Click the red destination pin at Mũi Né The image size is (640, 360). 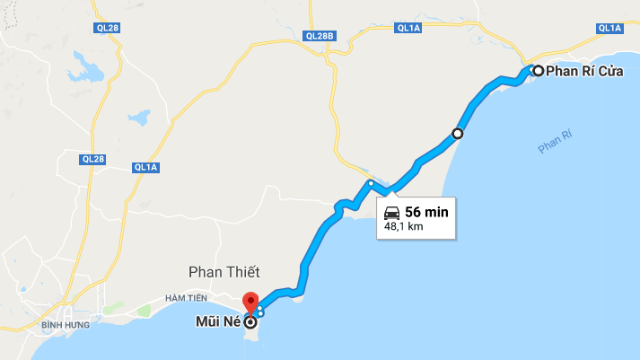click(250, 302)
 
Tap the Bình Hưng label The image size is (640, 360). click(66, 324)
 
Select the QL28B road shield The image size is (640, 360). click(319, 36)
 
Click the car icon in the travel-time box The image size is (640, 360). click(391, 212)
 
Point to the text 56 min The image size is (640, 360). click(426, 212)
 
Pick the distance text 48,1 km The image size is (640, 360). click(403, 227)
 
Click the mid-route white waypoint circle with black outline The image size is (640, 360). click(457, 134)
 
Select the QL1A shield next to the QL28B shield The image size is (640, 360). click(408, 28)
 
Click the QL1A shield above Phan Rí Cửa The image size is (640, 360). click(609, 28)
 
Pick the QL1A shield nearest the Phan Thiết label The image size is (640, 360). click(145, 167)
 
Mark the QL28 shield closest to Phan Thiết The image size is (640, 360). click(92, 159)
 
